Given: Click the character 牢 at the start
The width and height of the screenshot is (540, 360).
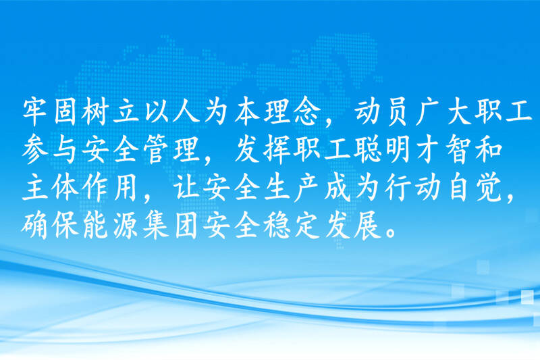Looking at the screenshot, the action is point(35,112).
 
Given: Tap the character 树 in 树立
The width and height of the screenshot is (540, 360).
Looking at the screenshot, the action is point(94,112).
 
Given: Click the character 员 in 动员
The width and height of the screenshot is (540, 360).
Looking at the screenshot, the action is point(396,112).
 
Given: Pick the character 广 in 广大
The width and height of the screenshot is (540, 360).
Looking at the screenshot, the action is point(427,112).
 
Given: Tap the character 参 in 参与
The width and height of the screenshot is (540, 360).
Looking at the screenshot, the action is point(35,151).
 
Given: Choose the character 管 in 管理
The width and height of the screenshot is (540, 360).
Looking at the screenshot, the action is point(156,151).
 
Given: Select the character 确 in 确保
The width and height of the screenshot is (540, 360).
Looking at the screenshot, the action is point(35,226).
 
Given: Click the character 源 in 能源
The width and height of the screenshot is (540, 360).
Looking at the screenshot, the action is point(126,226).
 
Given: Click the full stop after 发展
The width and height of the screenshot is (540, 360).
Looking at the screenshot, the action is point(391,232).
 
